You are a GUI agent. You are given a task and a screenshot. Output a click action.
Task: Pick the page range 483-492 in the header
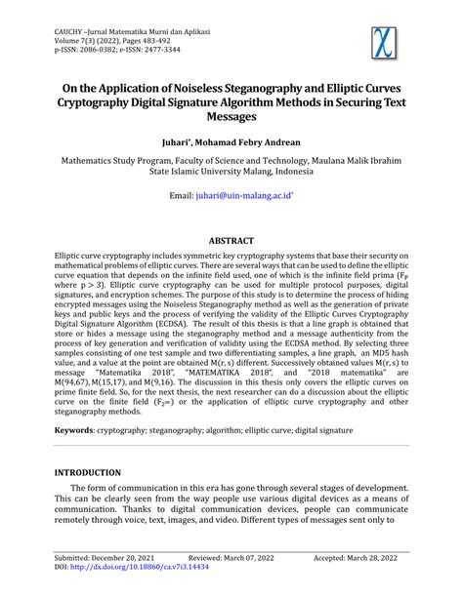click(161, 42)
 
